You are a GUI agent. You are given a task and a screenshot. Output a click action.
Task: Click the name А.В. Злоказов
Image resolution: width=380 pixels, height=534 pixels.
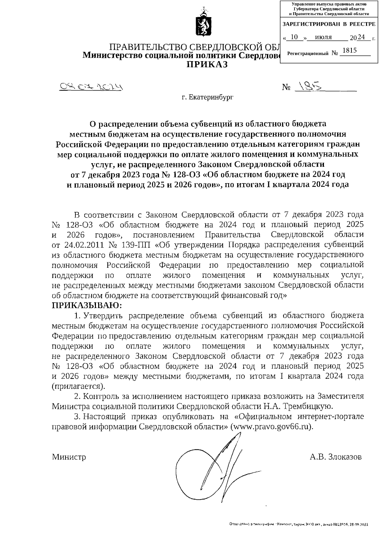click(x=336, y=457)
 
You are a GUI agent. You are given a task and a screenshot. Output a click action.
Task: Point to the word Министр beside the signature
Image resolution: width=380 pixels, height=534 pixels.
click(x=69, y=457)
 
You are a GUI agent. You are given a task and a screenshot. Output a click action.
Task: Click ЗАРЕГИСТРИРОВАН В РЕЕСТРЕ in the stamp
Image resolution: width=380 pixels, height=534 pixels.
click(x=328, y=24)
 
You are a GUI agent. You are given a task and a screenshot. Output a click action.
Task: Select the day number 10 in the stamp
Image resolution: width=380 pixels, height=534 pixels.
click(x=294, y=37)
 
